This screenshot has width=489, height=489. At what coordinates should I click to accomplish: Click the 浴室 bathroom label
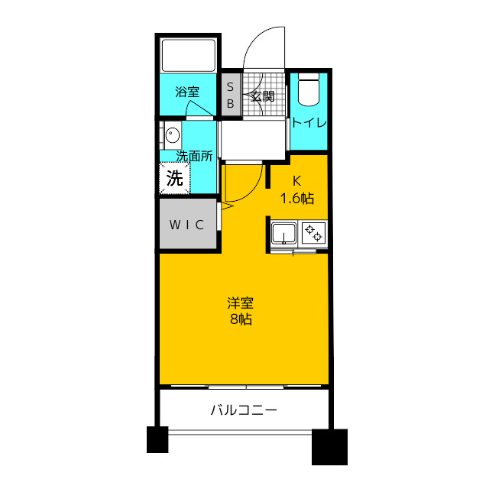[x=187, y=92]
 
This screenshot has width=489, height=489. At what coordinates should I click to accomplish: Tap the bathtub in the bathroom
[x=189, y=55]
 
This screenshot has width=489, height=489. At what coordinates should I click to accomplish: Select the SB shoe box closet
[x=230, y=96]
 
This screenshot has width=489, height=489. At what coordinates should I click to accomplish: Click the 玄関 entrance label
[x=262, y=97]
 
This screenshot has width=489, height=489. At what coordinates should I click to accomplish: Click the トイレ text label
[x=309, y=123]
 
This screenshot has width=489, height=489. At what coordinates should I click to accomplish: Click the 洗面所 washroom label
[x=194, y=156]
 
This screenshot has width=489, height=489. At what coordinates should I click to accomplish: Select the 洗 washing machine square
[x=175, y=180]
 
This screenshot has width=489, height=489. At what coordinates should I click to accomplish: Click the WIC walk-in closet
[x=187, y=224]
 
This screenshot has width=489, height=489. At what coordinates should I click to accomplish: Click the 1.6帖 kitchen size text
[x=297, y=199]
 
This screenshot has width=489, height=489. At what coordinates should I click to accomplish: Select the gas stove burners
[x=313, y=232]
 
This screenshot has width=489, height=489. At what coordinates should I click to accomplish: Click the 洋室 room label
[x=241, y=302]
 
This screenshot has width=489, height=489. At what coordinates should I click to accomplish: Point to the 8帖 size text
[x=241, y=319]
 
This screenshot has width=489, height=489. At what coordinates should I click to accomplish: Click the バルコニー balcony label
[x=244, y=410]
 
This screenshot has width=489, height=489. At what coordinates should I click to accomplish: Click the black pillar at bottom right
[x=330, y=447]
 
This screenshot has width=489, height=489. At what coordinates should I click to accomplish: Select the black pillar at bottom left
[x=157, y=440]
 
